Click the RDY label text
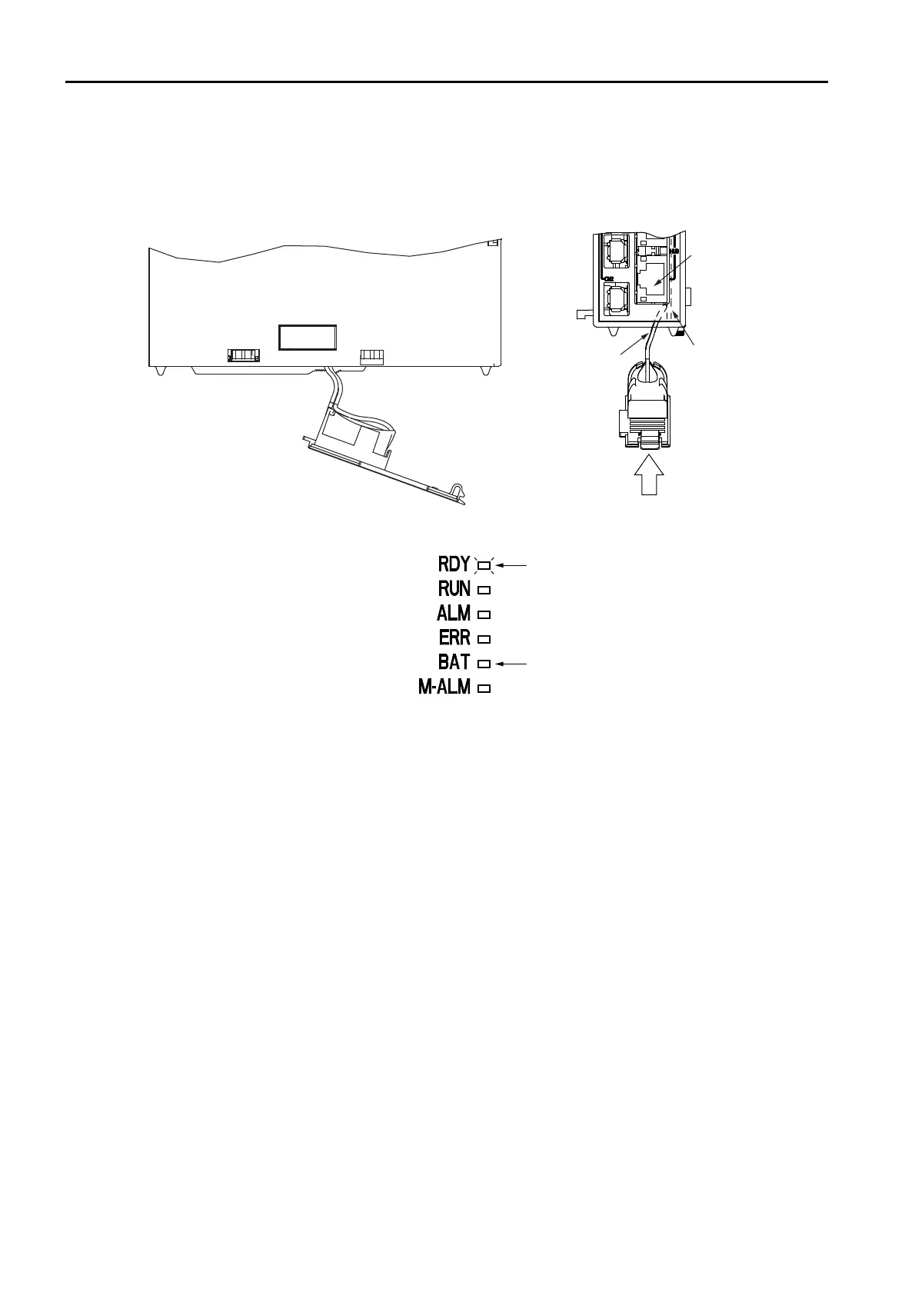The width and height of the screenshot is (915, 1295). pyautogui.click(x=454, y=564)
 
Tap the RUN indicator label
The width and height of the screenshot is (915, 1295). pyautogui.click(x=454, y=589)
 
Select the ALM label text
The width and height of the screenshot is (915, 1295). pyautogui.click(x=454, y=614)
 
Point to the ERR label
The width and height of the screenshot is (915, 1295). pyautogui.click(x=454, y=638)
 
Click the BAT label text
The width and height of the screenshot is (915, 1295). pyautogui.click(x=454, y=662)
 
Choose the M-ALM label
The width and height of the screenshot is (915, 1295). pyautogui.click(x=444, y=687)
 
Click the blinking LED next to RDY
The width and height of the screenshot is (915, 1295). pyautogui.click(x=484, y=566)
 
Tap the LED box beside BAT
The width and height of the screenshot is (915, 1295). pyautogui.click(x=484, y=663)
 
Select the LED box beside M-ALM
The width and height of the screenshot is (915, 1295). pyautogui.click(x=484, y=688)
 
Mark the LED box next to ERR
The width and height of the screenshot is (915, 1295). pyautogui.click(x=484, y=639)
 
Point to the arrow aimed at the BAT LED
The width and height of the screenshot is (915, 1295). pyautogui.click(x=512, y=662)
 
